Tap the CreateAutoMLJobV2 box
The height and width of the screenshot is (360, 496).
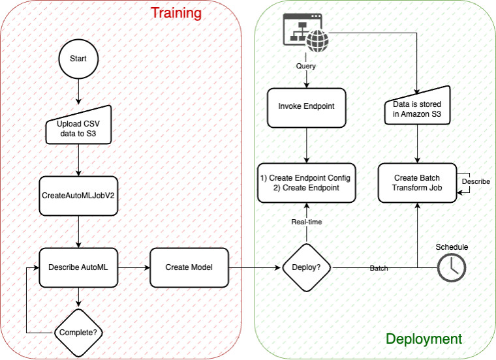pos(78,196)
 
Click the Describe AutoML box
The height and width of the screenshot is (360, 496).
pos(78,267)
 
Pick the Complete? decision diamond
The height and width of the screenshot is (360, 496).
pos(78,332)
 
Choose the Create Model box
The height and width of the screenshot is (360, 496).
pos(190,267)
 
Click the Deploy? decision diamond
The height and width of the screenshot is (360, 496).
pos(306,267)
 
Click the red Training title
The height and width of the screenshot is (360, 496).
pos(176,13)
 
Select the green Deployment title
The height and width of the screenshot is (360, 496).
pos(424,338)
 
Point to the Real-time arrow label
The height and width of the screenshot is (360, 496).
pos(306,222)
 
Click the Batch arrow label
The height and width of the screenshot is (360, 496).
pos(379,268)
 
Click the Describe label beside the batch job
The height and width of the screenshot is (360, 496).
pos(476,181)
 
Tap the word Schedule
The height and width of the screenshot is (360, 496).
pos(452,247)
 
